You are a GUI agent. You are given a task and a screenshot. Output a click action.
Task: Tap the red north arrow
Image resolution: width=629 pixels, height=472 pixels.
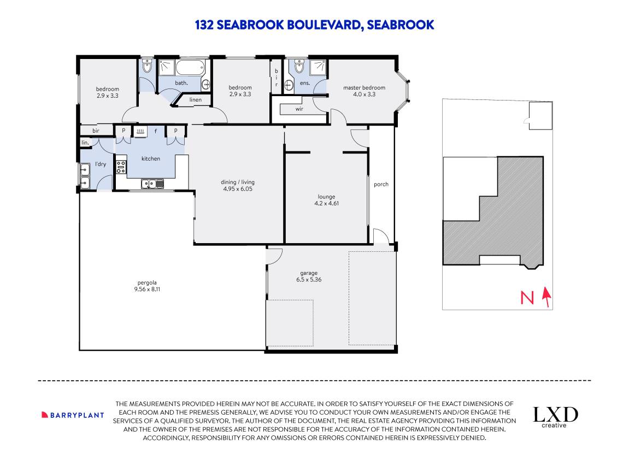tap(545, 297)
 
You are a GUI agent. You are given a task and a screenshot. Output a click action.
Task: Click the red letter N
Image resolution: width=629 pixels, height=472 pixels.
tap(527, 298)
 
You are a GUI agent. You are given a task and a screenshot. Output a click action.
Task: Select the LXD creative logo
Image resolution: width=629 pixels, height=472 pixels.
tap(555, 416)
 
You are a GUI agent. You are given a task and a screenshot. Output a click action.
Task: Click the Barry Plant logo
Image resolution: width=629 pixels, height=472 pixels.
tap(73, 415)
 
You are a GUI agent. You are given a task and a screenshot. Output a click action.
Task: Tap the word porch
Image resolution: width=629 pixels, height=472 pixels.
tap(381, 184)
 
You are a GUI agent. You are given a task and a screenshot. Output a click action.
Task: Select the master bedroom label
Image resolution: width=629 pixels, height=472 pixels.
tap(364, 88)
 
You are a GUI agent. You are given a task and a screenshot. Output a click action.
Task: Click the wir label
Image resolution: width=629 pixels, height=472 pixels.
tap(299, 109)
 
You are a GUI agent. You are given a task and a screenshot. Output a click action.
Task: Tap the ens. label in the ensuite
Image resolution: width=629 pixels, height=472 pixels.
tap(305, 83)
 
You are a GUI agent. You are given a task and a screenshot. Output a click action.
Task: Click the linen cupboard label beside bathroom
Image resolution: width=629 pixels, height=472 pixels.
tap(196, 100)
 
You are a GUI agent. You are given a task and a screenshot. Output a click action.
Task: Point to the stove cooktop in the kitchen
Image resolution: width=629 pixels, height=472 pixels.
tap(121, 166)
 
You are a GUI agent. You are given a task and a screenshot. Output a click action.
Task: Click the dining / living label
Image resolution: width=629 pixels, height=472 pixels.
tap(238, 182)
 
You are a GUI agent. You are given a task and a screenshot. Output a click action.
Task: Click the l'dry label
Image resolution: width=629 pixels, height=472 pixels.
tap(100, 164)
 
